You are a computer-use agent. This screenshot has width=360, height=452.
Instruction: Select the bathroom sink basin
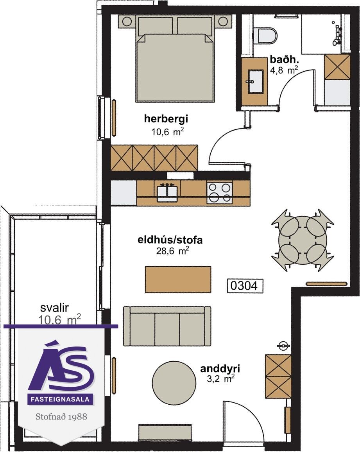click(x=255, y=82)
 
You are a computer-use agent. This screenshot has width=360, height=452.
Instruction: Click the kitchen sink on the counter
click(x=167, y=192)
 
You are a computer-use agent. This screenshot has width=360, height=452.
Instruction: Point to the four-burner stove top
click(x=219, y=192)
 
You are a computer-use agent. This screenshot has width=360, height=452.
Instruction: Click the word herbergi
click(x=166, y=118)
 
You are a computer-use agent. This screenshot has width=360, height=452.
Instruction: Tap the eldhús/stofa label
click(x=170, y=240)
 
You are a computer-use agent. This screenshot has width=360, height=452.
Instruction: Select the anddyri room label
click(x=220, y=369)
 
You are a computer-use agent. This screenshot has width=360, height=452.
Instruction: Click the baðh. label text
click(x=284, y=59)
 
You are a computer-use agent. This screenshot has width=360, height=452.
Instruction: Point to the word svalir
click(x=54, y=308)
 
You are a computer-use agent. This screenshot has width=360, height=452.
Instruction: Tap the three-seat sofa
click(x=167, y=326)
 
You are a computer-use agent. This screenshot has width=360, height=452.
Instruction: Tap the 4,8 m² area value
click(x=284, y=70)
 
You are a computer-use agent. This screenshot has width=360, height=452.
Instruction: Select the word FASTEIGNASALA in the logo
click(x=61, y=400)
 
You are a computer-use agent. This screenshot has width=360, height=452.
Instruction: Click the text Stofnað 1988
click(x=61, y=417)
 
